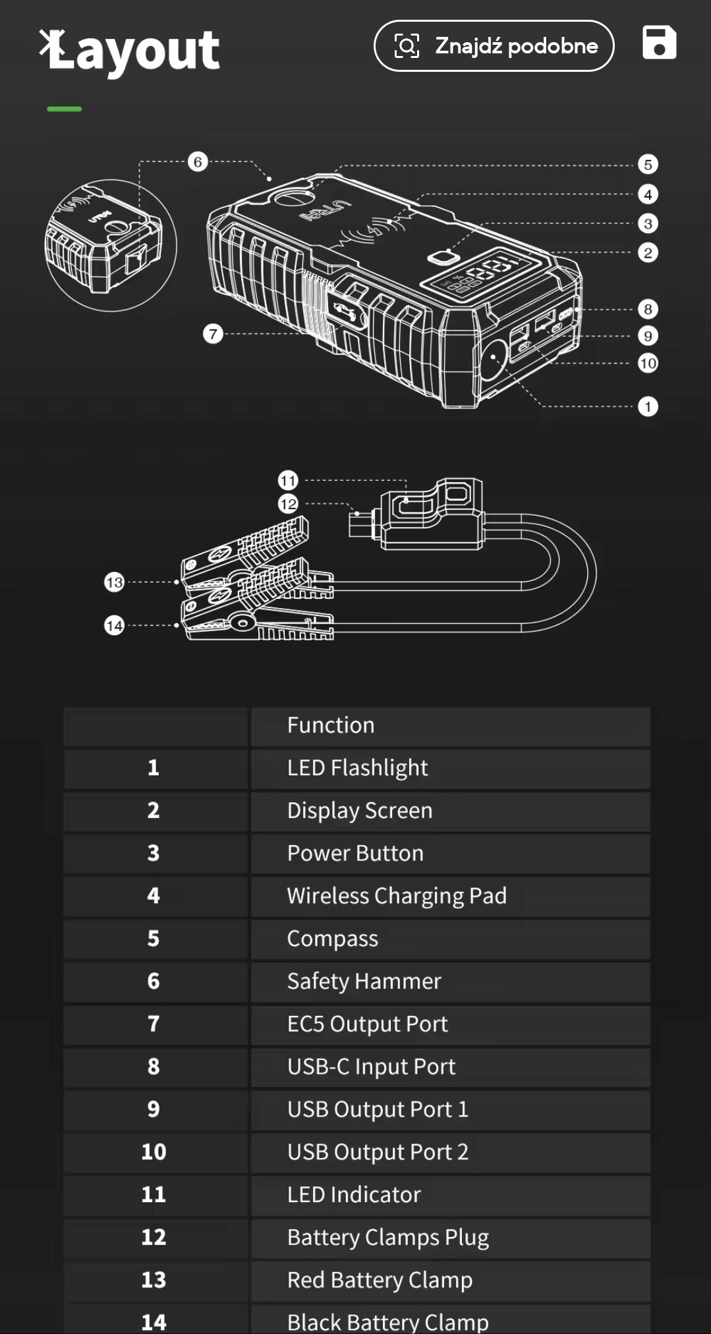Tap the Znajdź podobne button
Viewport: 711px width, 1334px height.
coord(494,45)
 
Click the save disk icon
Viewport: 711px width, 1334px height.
coord(659,43)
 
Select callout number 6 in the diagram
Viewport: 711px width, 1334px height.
coord(198,162)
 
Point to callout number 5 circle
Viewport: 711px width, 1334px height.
coord(648,165)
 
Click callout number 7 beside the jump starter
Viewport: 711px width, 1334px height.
coord(213,334)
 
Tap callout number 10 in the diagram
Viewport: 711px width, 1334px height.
coord(648,363)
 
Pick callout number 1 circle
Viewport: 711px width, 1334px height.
coord(648,406)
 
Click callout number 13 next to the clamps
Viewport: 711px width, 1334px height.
coord(115,582)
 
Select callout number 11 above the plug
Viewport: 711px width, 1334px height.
coord(289,480)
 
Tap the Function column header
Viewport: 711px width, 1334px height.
coord(331,725)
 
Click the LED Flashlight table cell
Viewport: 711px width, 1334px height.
coord(357,768)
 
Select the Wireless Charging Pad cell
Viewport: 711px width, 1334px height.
coord(397,896)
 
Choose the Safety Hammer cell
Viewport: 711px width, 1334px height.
coord(364,982)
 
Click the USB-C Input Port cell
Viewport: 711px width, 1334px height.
coord(371,1067)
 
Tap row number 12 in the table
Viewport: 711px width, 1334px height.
coord(154,1237)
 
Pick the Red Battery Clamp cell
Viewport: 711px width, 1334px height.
coord(380,1280)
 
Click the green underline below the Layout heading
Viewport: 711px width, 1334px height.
coord(65,109)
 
